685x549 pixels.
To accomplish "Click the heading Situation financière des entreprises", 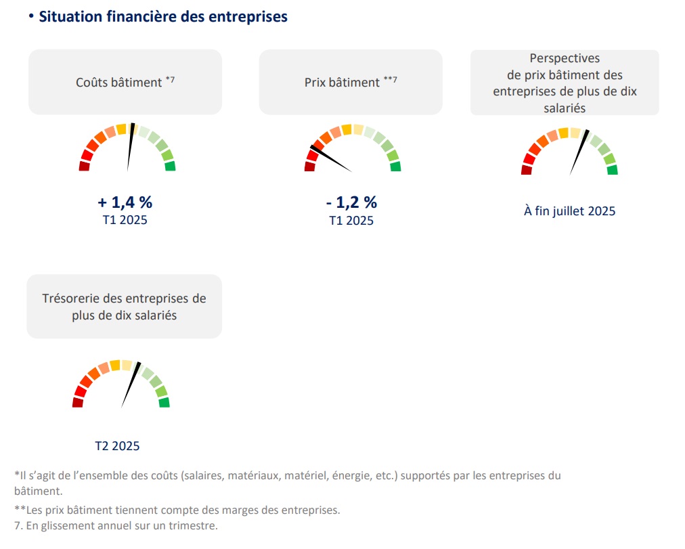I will click(x=163, y=17).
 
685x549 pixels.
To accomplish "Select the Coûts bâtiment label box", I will click(x=125, y=82).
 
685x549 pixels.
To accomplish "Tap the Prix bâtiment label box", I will click(x=351, y=82).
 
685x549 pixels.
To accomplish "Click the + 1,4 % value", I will click(x=125, y=202).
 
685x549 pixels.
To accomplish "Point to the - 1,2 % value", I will click(x=351, y=202).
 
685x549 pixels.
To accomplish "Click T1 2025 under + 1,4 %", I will click(x=125, y=220).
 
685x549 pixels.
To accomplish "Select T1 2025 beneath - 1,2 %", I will click(x=351, y=221).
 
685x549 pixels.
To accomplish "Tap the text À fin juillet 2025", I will click(x=570, y=211).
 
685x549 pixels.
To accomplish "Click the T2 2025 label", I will click(x=117, y=445).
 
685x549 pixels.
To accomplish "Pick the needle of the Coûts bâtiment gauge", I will click(x=130, y=147).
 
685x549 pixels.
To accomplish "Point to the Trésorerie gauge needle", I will click(x=131, y=385).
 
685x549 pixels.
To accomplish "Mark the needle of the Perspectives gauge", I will click(x=579, y=152).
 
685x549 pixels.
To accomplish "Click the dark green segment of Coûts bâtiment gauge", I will click(x=170, y=166).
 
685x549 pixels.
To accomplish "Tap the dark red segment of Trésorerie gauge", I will click(x=78, y=403).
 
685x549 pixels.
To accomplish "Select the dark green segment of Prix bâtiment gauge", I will click(x=395, y=167).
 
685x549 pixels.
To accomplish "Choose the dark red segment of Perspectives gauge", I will click(x=527, y=170).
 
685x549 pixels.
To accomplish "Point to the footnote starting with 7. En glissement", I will click(x=115, y=526).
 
